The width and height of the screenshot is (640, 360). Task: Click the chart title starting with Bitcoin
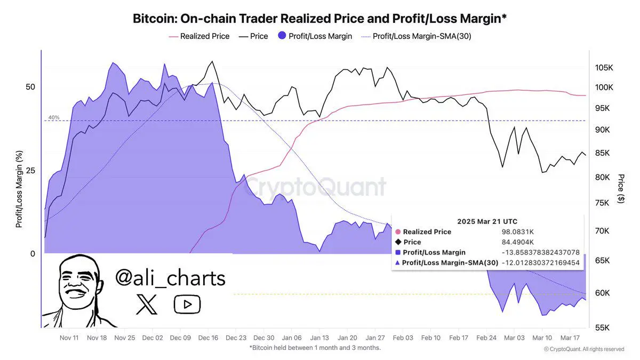pyautogui.click(x=319, y=19)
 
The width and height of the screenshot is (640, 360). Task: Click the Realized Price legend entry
pyautogui.click(x=205, y=36)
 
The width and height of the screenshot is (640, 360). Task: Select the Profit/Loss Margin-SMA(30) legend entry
pyautogui.click(x=421, y=36)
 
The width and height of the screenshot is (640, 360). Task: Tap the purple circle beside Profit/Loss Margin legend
pyautogui.click(x=282, y=36)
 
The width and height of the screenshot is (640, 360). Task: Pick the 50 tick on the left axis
pyautogui.click(x=30, y=87)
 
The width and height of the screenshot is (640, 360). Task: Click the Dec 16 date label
pyautogui.click(x=207, y=338)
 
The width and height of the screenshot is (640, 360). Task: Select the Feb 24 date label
pyautogui.click(x=486, y=338)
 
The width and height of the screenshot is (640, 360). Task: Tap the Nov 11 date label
pyautogui.click(x=69, y=338)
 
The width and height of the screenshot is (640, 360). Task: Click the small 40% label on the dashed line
pyautogui.click(x=54, y=117)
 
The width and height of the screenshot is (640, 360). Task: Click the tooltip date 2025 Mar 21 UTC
pyautogui.click(x=487, y=221)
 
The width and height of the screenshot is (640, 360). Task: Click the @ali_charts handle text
pyautogui.click(x=170, y=278)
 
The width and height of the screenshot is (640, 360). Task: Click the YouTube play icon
pyautogui.click(x=187, y=305)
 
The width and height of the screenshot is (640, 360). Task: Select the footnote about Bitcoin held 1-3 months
pyautogui.click(x=315, y=348)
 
